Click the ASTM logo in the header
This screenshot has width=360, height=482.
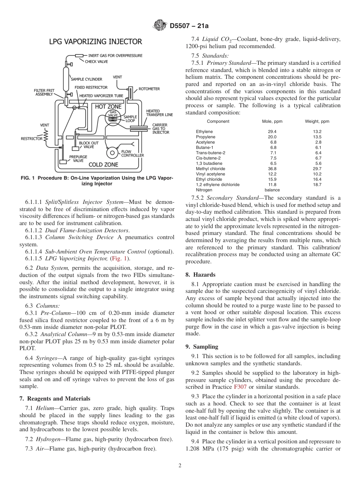(x=160, y=25)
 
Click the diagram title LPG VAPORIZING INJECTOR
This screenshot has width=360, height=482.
(x=95, y=42)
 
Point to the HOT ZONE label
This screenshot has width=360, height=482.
(x=108, y=107)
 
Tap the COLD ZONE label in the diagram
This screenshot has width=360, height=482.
(x=103, y=164)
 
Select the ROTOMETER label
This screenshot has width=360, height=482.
(x=149, y=89)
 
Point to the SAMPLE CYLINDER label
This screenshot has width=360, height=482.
(x=86, y=79)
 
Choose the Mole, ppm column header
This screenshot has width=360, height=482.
(x=272, y=122)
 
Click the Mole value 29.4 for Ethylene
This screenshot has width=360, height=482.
(x=272, y=131)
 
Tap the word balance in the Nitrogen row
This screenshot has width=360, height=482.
(x=272, y=190)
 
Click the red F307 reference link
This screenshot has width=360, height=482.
(x=239, y=387)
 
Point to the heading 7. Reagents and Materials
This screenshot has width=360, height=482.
(x=55, y=398)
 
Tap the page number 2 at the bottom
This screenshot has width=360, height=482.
(x=180, y=466)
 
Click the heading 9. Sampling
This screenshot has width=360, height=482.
(x=202, y=346)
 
